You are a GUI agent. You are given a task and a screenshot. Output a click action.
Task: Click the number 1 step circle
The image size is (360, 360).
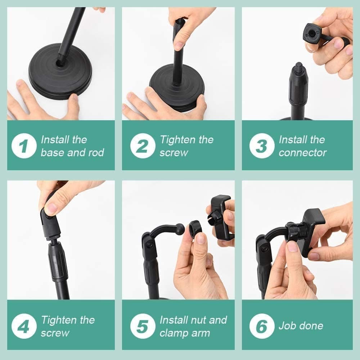tap(24, 146)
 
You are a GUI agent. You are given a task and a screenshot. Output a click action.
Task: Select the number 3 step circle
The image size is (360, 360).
tap(262, 146)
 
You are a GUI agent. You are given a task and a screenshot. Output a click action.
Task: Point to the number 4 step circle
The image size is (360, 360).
tap(24, 326)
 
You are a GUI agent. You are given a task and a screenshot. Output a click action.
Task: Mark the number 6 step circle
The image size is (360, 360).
tap(262, 326)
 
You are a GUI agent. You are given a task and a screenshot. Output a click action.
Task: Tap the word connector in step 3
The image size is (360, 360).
tap(302, 153)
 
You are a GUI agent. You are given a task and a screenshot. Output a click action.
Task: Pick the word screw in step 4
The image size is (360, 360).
tap(55, 333)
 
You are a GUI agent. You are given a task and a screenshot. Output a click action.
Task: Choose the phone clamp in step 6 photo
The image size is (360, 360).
tap(312, 230)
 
